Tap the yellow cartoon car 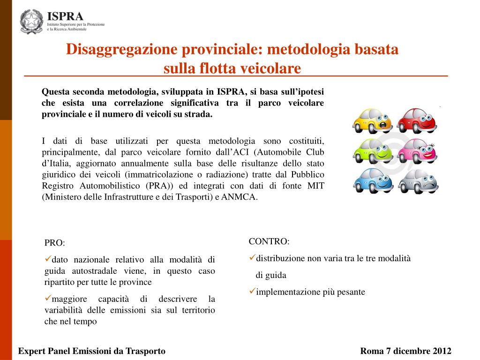(x=372, y=121)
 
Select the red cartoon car (x=417, y=120)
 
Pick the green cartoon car (x=373, y=150)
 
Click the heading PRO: (x=55, y=243)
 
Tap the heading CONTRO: (x=269, y=241)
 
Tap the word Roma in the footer (x=371, y=351)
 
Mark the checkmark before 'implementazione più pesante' (x=252, y=291)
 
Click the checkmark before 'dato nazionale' (x=48, y=259)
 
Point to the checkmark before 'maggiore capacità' (x=48, y=298)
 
